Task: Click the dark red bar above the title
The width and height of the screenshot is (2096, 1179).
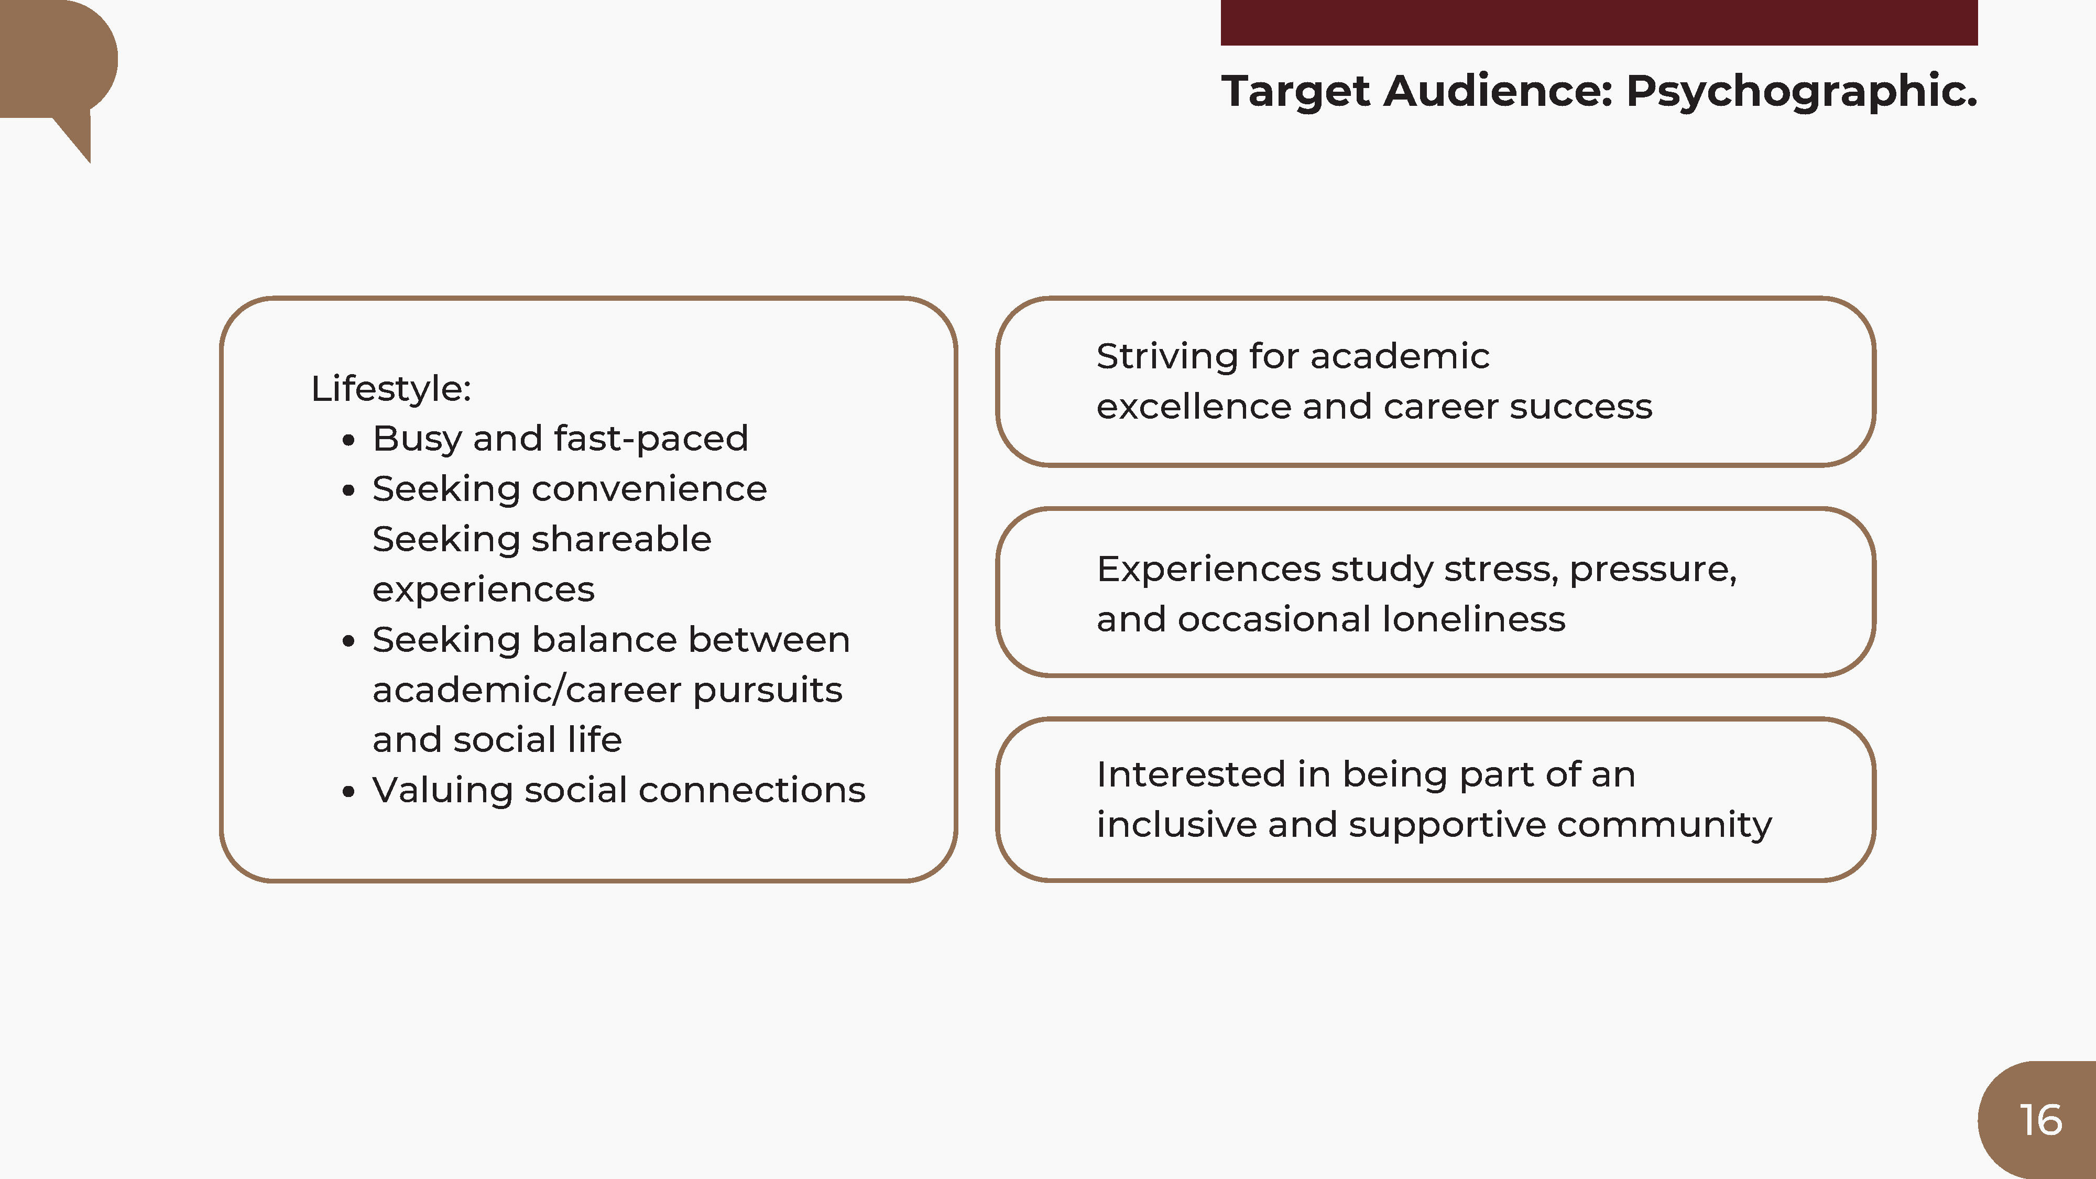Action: (x=1599, y=22)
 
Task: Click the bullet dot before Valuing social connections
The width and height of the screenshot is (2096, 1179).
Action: (x=349, y=792)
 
